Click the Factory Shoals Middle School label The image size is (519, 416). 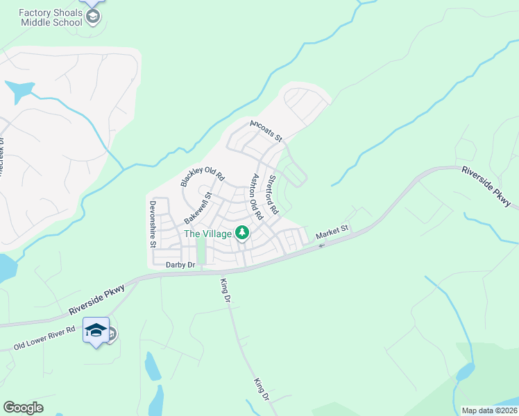tap(50, 17)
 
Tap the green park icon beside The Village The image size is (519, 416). tap(242, 233)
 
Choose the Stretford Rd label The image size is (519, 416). tap(273, 194)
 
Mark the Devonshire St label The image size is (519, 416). tap(152, 224)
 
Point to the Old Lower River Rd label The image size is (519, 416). tap(44, 338)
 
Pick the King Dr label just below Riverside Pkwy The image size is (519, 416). tap(224, 291)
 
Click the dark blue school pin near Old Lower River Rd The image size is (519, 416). tap(96, 329)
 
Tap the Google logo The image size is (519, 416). tap(23, 408)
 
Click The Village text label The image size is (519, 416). tap(207, 234)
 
